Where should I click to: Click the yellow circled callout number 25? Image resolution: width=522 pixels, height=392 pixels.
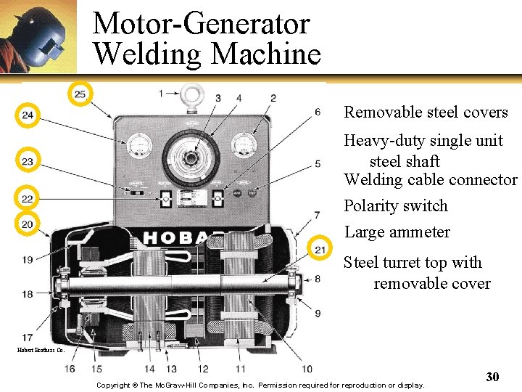(80, 94)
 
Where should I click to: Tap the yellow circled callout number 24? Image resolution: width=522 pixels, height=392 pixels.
(28, 115)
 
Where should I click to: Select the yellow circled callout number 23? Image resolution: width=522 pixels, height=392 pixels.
(28, 161)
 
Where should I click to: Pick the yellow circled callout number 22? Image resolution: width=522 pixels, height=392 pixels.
(27, 199)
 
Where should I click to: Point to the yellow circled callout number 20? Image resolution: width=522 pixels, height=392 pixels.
(27, 224)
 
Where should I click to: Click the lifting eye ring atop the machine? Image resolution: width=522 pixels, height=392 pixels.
(192, 94)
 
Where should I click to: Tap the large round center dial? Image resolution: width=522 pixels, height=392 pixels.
(191, 156)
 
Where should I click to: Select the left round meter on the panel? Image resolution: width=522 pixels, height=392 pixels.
(138, 148)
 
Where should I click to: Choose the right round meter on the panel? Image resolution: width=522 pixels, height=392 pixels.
(244, 147)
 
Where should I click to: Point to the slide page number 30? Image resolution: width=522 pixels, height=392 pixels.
(492, 377)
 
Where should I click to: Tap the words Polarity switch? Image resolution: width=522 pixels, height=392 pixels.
(396, 206)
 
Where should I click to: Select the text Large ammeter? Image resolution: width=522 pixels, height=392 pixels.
(397, 232)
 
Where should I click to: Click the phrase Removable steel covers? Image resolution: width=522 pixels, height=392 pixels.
(426, 113)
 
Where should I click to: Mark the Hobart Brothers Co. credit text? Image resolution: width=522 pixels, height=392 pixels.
(41, 350)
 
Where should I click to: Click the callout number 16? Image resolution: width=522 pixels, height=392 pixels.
(70, 369)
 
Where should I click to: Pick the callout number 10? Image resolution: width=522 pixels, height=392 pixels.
(307, 369)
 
